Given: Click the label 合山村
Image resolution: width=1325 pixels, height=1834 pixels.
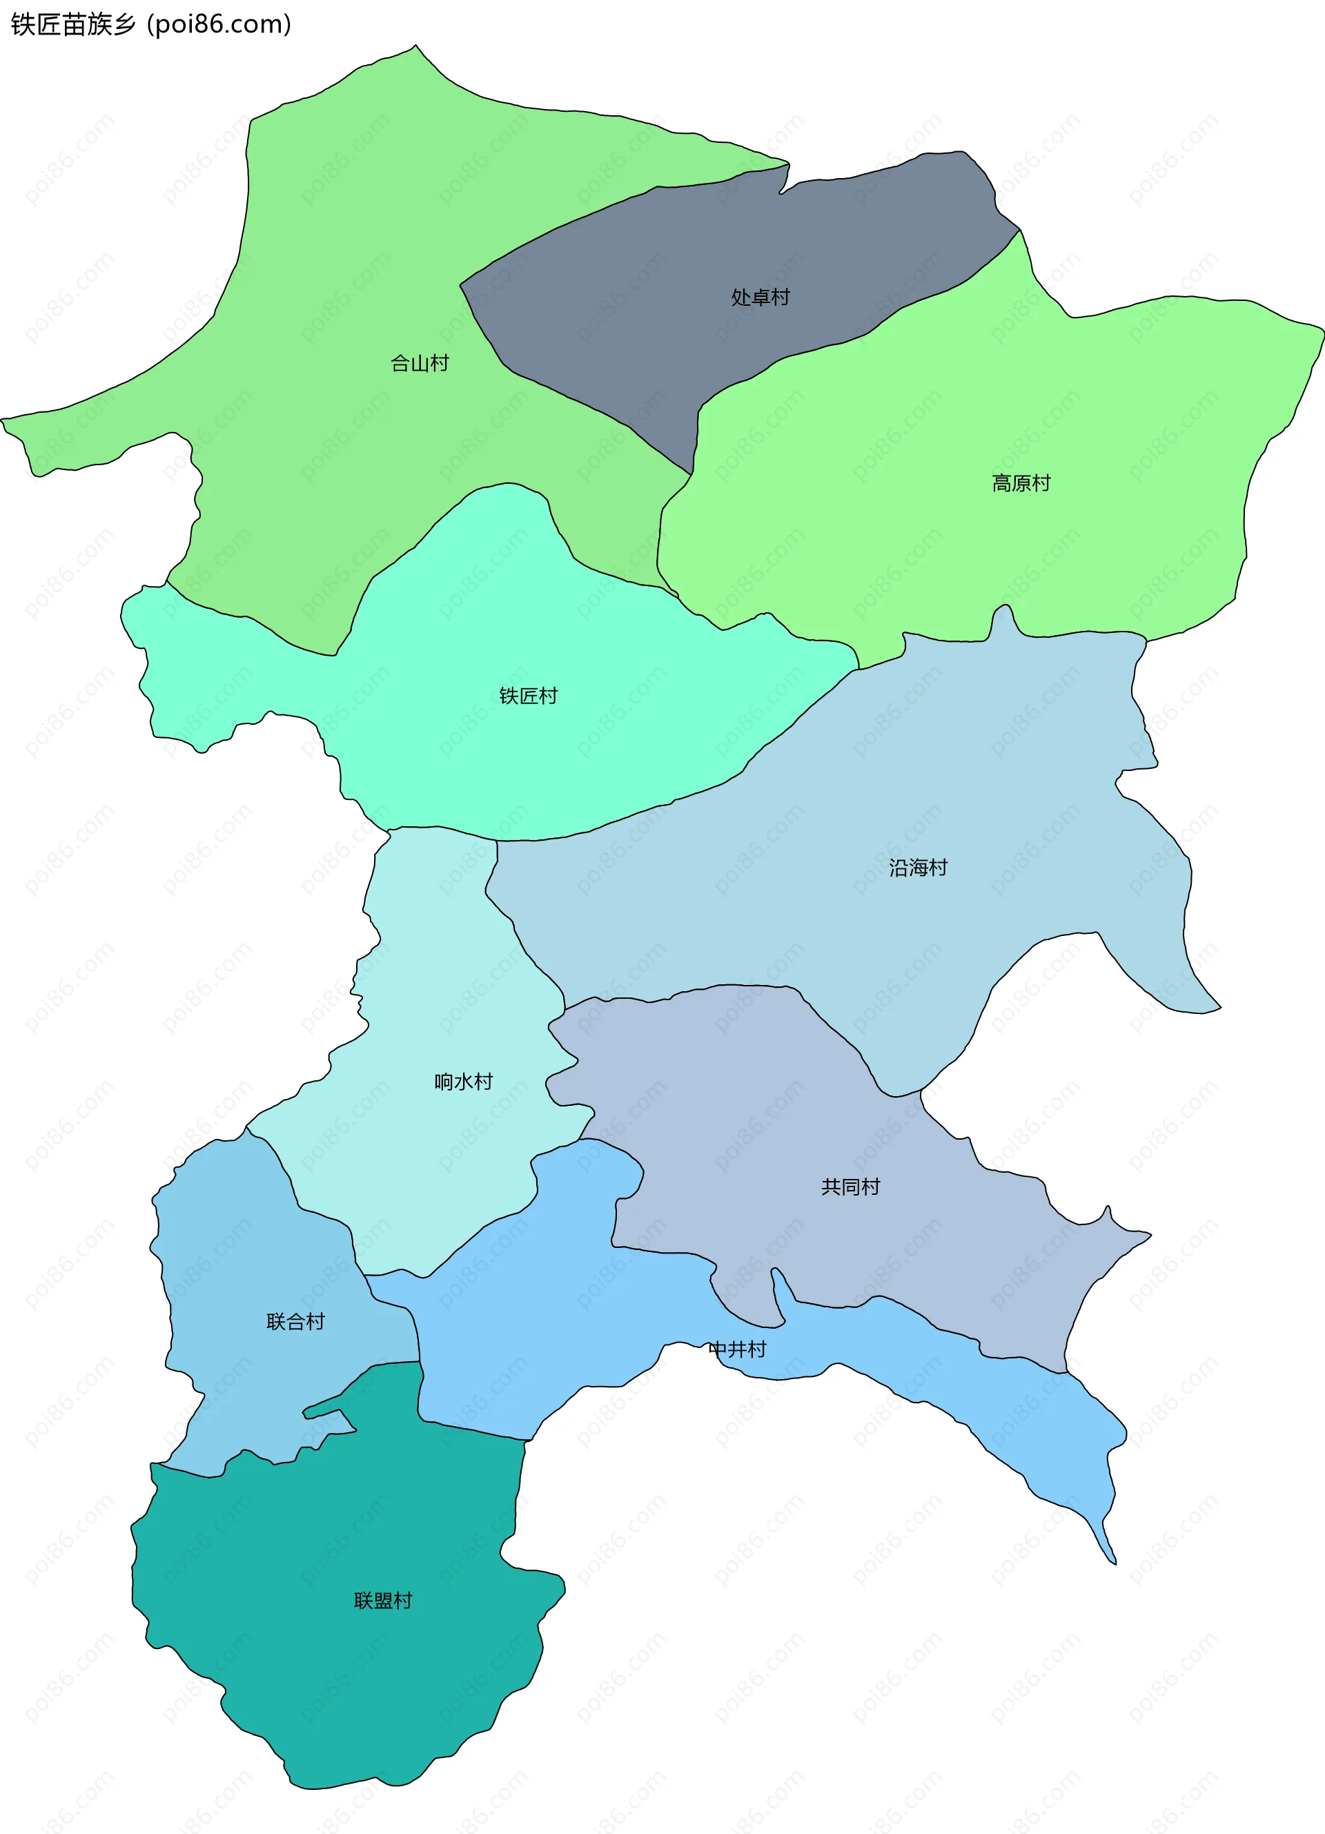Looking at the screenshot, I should tap(420, 364).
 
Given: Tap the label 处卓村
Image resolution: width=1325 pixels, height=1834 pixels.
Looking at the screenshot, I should tap(760, 297).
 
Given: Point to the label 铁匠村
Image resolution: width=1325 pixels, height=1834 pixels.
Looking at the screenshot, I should tap(528, 696).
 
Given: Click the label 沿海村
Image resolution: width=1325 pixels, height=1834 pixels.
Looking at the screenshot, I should tap(918, 868).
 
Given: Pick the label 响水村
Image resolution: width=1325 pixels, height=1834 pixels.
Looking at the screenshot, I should tap(463, 1082).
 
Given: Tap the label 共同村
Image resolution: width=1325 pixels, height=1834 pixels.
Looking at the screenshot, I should tap(850, 1187).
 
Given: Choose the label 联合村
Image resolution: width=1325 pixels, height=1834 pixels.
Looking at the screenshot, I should tap(295, 1322).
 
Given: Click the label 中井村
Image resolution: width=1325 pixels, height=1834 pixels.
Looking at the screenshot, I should tap(736, 1349).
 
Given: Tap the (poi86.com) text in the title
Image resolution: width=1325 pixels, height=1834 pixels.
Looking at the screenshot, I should tap(219, 24).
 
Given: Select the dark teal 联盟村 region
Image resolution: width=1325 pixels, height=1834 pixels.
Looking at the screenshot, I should tap(340, 1682).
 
